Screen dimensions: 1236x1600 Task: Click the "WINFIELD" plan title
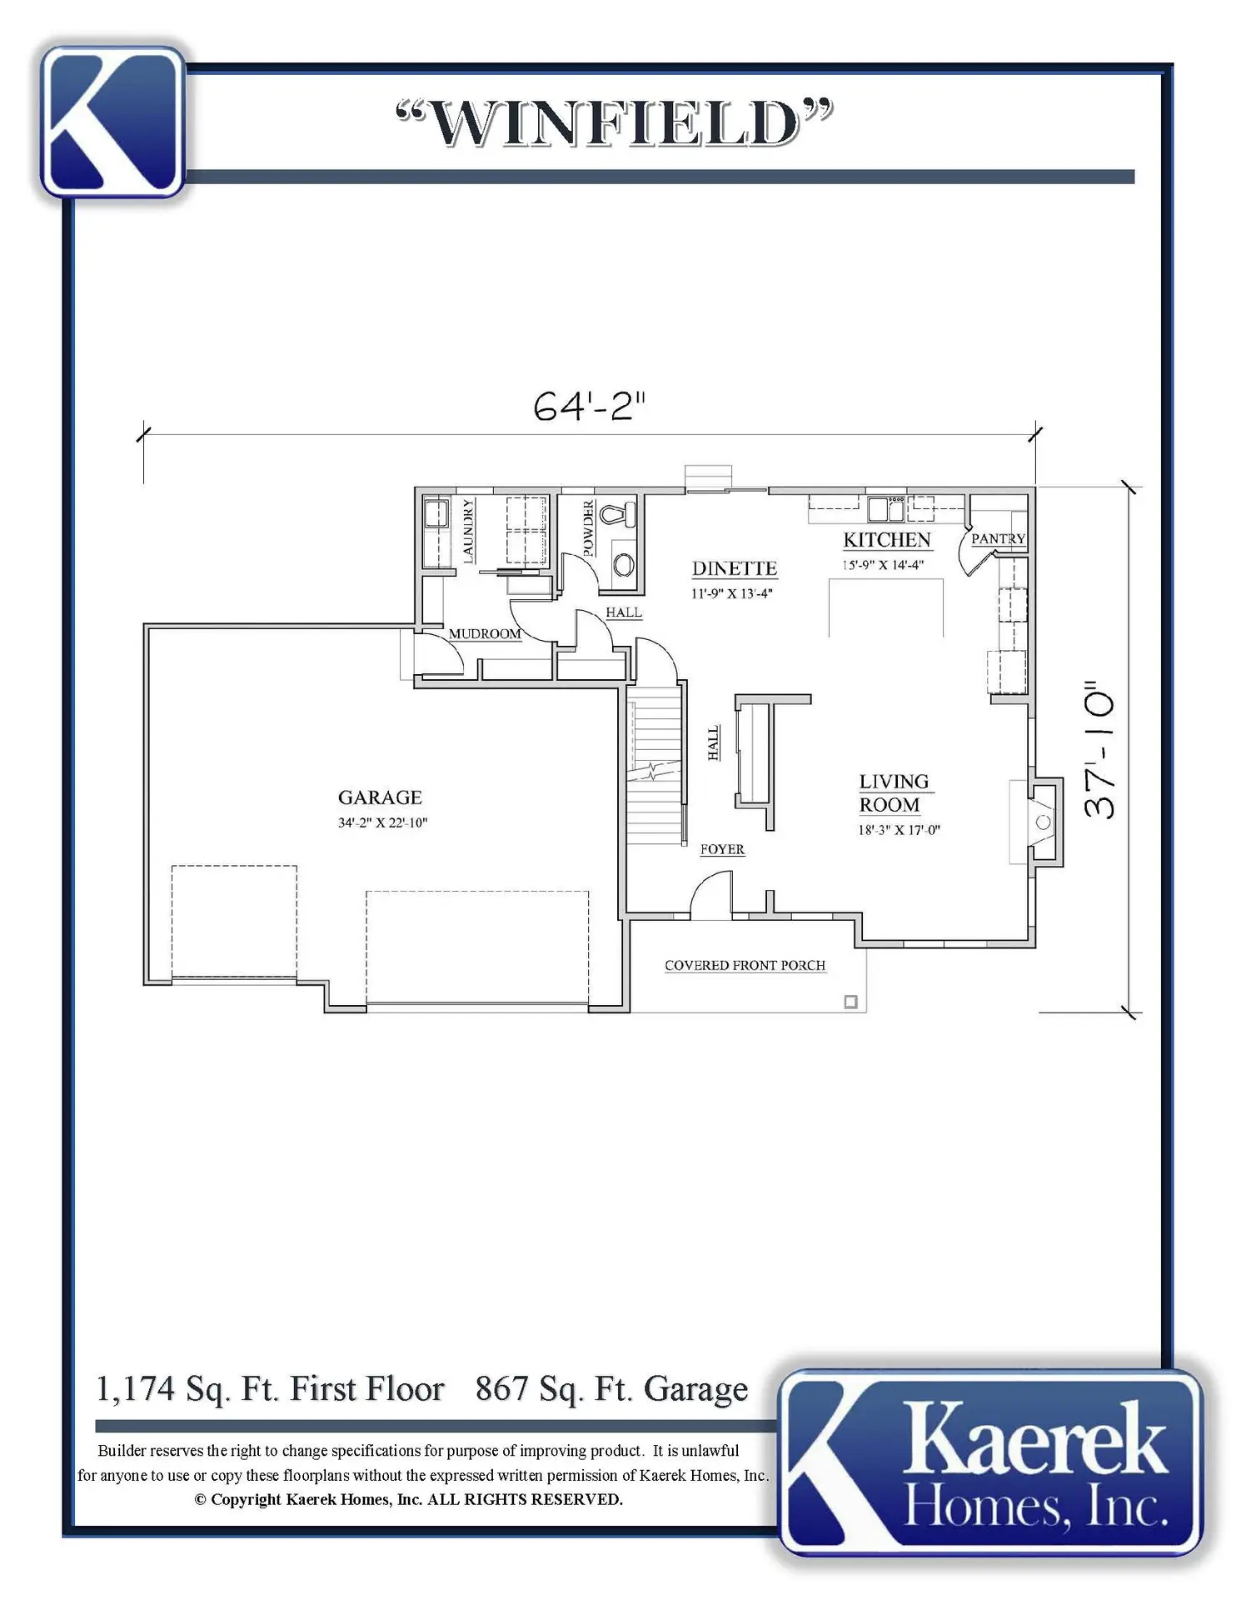[x=615, y=123]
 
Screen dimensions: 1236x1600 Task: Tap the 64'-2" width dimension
[x=590, y=407]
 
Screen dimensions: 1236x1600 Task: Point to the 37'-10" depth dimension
[x=1099, y=752]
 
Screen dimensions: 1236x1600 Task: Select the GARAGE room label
[x=380, y=797]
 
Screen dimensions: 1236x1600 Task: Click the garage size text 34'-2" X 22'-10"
[x=382, y=822]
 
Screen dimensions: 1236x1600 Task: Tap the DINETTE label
[x=735, y=568]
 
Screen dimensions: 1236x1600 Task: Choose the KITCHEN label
[x=887, y=540]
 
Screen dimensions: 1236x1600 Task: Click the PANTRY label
[x=998, y=539]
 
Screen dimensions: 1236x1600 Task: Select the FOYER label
[x=722, y=849]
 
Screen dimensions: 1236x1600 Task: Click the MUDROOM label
[x=485, y=633]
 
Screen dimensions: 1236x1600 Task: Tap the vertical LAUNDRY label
[x=467, y=531]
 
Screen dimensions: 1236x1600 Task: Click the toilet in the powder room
[x=617, y=513]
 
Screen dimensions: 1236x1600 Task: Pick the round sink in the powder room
[x=624, y=566]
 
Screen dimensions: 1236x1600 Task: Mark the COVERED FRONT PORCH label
[x=745, y=965]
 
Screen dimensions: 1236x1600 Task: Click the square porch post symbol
[x=850, y=1002]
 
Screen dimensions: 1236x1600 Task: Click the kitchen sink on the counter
[x=886, y=507]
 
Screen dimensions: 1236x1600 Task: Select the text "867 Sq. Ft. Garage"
[x=611, y=1388]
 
